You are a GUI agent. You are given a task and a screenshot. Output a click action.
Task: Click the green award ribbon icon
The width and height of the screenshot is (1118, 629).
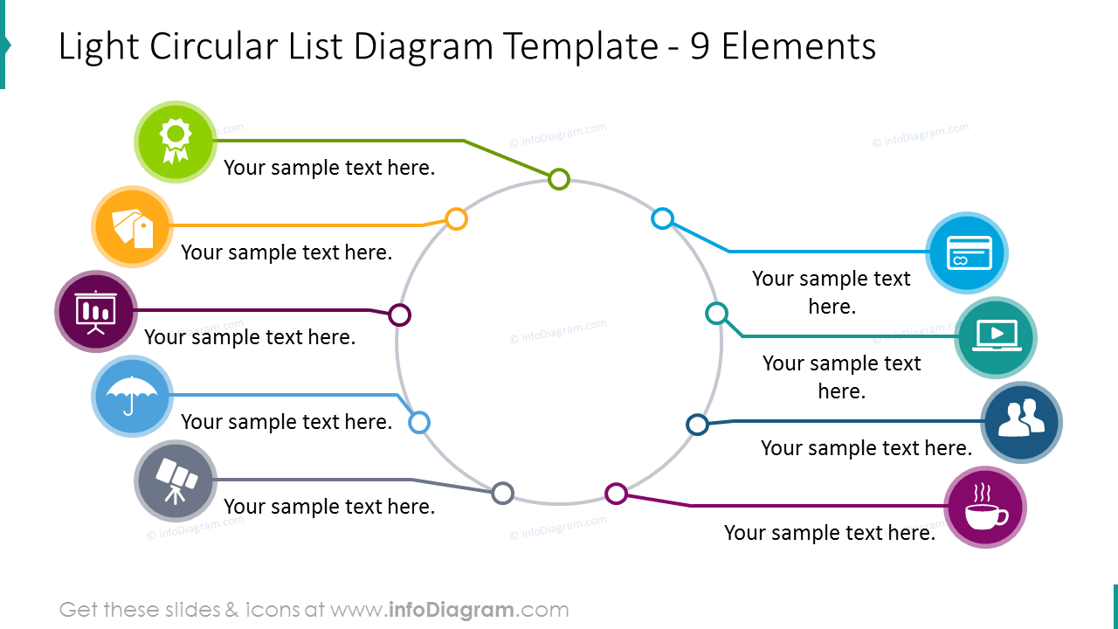click(x=176, y=142)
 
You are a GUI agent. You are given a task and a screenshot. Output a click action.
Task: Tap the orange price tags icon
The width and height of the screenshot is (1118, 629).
click(x=133, y=226)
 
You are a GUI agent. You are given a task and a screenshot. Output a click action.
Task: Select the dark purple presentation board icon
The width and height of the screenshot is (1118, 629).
click(x=96, y=311)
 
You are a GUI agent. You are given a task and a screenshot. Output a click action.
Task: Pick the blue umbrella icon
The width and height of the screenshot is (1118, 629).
click(x=132, y=396)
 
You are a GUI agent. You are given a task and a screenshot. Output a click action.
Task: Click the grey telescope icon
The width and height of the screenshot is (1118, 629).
click(x=176, y=480)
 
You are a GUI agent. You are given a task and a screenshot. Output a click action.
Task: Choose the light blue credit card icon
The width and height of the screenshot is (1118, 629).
click(x=967, y=252)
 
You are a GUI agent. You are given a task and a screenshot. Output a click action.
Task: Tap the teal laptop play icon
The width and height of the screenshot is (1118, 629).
click(x=996, y=337)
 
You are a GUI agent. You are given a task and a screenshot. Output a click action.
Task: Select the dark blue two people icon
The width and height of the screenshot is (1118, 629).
click(x=1022, y=422)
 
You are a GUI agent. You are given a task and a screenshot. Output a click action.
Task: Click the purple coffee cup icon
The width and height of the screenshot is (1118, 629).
click(x=985, y=507)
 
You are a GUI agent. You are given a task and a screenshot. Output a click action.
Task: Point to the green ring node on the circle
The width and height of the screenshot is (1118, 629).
click(x=559, y=180)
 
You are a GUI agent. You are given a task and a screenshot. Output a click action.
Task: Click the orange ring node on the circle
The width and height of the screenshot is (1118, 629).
click(x=457, y=218)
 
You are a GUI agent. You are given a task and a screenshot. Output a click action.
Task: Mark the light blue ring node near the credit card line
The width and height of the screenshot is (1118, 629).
click(x=663, y=218)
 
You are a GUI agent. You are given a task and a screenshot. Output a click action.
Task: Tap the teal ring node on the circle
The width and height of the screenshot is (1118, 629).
click(x=716, y=313)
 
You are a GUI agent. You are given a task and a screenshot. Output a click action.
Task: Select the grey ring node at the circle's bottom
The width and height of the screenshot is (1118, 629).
click(x=502, y=494)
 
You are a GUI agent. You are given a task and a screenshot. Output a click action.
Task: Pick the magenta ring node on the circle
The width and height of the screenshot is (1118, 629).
click(x=616, y=494)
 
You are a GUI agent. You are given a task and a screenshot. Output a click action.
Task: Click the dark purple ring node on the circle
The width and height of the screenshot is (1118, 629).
click(x=400, y=314)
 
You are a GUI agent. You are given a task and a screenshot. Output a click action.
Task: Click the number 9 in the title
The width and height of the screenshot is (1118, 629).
click(x=700, y=46)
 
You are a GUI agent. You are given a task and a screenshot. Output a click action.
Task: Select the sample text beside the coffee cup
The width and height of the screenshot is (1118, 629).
click(x=830, y=533)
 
